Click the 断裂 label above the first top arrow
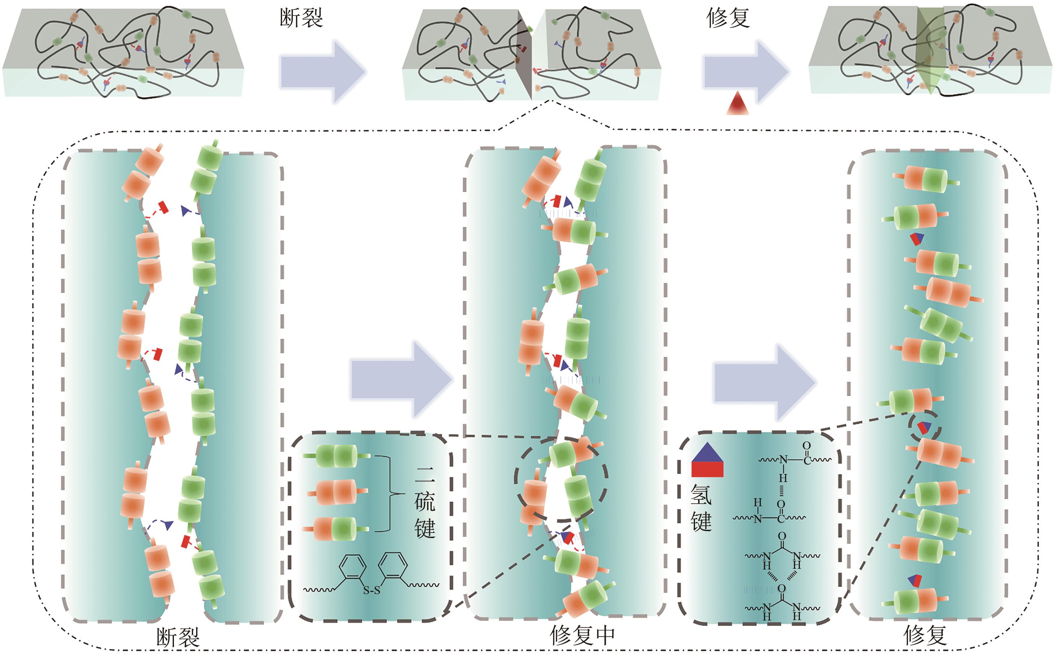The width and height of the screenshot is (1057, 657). pos(301,18)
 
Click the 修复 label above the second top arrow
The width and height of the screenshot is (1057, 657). pos(728,18)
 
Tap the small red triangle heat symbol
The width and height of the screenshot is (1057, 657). pos(738,104)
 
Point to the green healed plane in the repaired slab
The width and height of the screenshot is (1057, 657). pos(928,50)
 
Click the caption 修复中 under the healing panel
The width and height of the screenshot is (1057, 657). pos(582,636)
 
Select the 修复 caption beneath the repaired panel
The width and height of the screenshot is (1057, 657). pos(925,636)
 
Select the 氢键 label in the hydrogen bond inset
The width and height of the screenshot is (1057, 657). pos(701,508)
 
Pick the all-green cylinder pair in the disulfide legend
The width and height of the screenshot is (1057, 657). pos(336,456)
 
